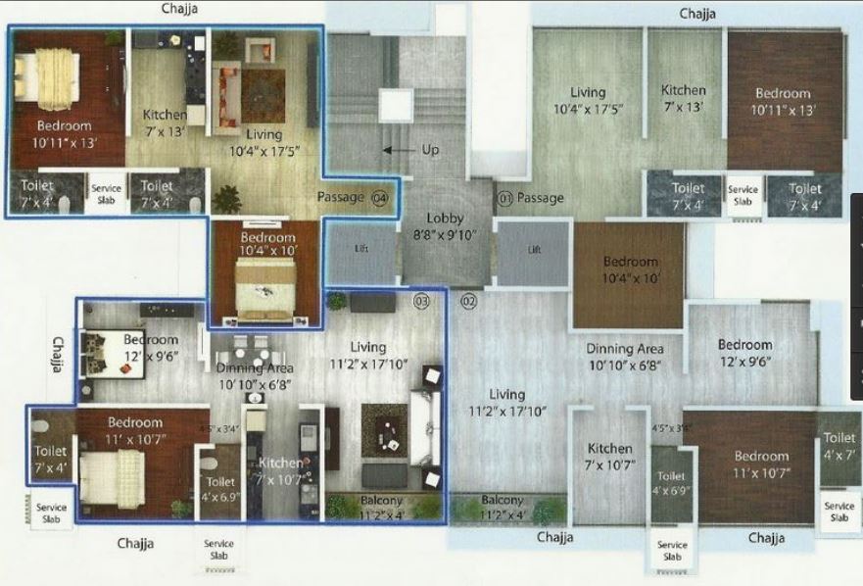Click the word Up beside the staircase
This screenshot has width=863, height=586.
point(428,150)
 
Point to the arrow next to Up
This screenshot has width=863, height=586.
point(398,150)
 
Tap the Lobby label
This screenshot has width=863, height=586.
point(445,218)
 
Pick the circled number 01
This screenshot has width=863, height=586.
point(505,198)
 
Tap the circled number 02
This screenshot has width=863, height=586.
point(467,300)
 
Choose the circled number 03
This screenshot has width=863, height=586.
point(422,300)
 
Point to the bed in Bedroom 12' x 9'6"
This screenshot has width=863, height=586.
point(103,350)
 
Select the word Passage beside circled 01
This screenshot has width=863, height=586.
point(541,198)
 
